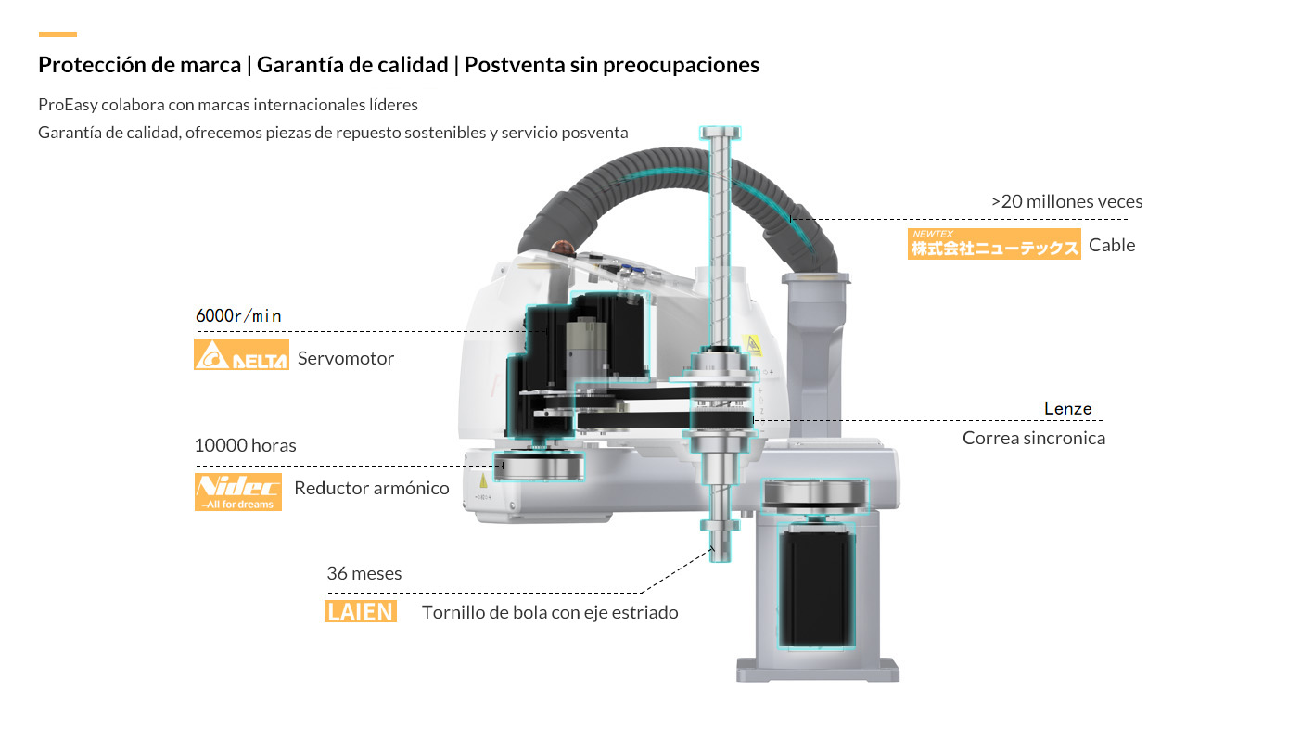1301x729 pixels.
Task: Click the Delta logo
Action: [x=241, y=354]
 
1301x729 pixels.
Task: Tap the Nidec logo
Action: [x=237, y=492]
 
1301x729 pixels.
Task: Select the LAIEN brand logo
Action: [x=361, y=611]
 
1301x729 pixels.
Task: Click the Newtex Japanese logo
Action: [x=994, y=243]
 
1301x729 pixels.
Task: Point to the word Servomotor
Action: [x=346, y=358]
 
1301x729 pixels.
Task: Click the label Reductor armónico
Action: [x=371, y=488]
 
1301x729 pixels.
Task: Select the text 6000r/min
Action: [x=238, y=316]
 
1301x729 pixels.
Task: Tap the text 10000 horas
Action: [x=245, y=445]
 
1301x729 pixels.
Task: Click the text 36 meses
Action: [x=364, y=573]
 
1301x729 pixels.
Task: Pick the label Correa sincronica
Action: [x=1033, y=438]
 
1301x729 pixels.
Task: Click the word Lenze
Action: [x=1067, y=408]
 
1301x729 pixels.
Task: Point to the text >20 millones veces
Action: [x=1066, y=201]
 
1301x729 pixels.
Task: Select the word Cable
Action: [x=1112, y=245]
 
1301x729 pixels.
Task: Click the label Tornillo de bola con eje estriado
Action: [x=550, y=612]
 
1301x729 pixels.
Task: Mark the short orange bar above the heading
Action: [x=57, y=35]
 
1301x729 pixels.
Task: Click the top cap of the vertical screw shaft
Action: [x=721, y=132]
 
